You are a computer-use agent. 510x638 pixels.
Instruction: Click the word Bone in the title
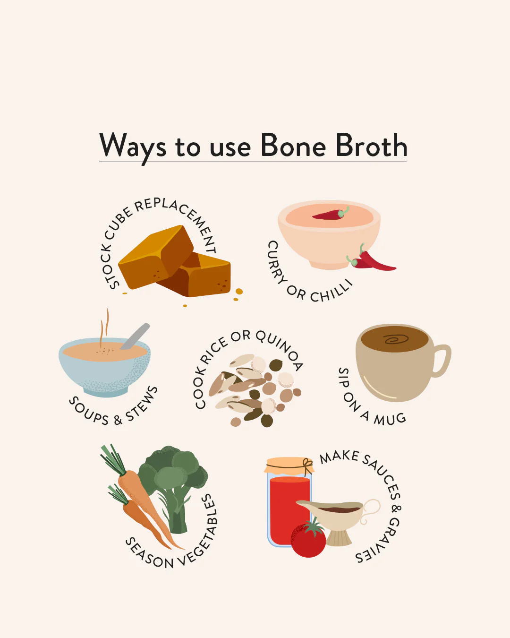click(x=293, y=146)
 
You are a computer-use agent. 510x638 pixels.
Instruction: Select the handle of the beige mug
click(x=442, y=361)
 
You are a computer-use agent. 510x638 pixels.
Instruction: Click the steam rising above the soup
click(x=104, y=326)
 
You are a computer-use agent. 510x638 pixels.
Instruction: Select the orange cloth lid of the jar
click(x=288, y=466)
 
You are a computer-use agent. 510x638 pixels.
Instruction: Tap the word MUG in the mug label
click(x=390, y=419)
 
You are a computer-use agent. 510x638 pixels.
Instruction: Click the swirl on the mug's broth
click(x=396, y=339)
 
